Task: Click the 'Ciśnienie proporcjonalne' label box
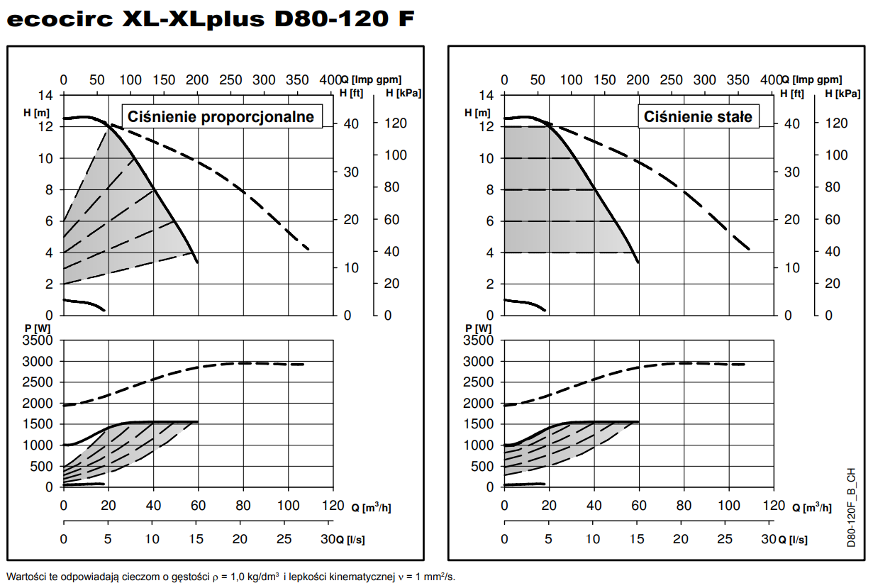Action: coord(221,116)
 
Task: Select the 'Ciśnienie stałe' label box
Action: coord(699,116)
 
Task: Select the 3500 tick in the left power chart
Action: coord(38,340)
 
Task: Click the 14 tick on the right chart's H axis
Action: coord(486,96)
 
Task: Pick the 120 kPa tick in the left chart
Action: coord(397,123)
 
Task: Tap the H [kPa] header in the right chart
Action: coord(842,93)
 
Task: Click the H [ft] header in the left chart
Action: coord(352,93)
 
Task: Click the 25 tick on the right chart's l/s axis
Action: coord(724,539)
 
